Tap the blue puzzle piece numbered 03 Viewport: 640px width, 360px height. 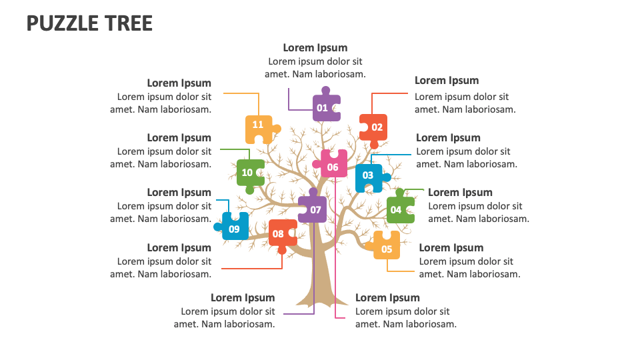368,177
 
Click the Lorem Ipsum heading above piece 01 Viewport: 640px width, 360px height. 315,48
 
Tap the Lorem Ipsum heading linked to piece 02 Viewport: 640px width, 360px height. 447,81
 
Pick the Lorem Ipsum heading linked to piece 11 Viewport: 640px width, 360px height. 179,83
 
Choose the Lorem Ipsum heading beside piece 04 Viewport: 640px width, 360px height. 460,193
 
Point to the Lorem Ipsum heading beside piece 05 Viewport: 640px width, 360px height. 451,248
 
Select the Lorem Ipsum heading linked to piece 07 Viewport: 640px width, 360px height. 243,298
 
